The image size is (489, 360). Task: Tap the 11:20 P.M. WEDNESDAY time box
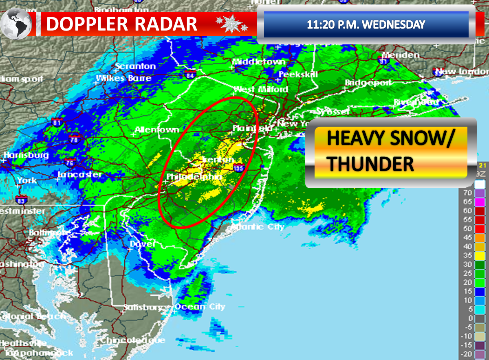click(x=366, y=24)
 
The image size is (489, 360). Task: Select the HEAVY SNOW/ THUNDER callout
click(x=390, y=153)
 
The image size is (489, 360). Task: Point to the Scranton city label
click(x=135, y=66)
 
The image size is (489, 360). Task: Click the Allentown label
click(x=156, y=130)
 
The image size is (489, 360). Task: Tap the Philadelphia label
click(x=194, y=177)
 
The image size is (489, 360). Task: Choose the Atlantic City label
click(x=258, y=227)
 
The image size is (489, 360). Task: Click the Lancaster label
click(x=80, y=174)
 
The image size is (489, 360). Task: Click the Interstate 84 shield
click(x=190, y=75)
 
